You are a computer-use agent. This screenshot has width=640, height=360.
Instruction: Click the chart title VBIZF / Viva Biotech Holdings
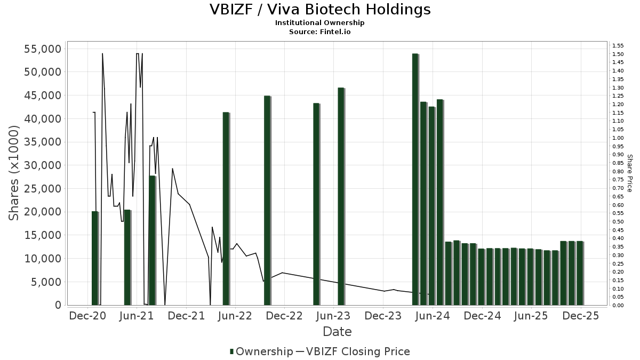pyautogui.click(x=319, y=10)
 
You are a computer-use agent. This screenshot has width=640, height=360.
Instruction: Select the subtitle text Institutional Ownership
pyautogui.click(x=319, y=23)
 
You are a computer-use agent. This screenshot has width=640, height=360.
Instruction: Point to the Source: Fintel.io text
pyautogui.click(x=319, y=31)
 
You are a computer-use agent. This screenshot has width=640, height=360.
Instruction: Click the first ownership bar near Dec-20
pyautogui.click(x=95, y=258)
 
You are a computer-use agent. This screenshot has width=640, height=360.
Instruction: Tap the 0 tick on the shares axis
pyautogui.click(x=58, y=305)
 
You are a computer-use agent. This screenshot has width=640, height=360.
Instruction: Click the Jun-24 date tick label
pyautogui.click(x=432, y=316)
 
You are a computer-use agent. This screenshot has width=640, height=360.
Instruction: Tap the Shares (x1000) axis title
pyautogui.click(x=14, y=173)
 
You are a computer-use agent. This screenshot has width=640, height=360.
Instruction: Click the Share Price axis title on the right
pyautogui.click(x=629, y=173)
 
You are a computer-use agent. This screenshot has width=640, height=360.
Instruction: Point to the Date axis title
pyautogui.click(x=337, y=332)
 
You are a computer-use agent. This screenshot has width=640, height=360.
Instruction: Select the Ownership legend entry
pyautogui.click(x=261, y=351)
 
